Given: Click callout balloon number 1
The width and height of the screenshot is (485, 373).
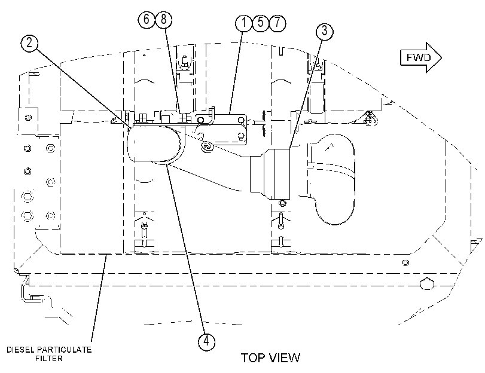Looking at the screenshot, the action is tap(244, 23).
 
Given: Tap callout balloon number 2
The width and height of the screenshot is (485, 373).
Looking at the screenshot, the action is tap(29, 42).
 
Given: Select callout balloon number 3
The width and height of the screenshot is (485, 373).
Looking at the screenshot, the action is tap(325, 31).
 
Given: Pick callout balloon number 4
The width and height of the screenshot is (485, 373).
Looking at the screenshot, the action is tap(206, 341).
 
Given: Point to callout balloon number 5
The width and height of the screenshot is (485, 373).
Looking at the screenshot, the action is tap(260, 23).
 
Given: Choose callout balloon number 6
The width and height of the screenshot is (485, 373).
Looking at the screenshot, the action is tap(147, 19).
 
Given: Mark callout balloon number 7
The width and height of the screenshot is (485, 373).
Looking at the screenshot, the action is tap(277, 23).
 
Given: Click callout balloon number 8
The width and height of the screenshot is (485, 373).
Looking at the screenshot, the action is tap(164, 19).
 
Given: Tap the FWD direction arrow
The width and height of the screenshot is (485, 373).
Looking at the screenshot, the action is tap(421, 57).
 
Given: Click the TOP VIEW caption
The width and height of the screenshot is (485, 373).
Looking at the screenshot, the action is tap(270, 358).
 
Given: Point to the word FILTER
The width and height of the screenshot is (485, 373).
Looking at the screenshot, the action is tap(49, 359).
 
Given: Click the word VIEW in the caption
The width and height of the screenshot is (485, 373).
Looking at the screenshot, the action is tap(285, 358).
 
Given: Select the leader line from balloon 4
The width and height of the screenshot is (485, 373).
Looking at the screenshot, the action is tap(185, 249).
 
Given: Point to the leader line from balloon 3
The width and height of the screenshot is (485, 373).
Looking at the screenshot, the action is tap(306, 94).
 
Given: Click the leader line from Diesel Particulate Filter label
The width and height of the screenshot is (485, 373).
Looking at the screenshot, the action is tap(99, 297).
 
